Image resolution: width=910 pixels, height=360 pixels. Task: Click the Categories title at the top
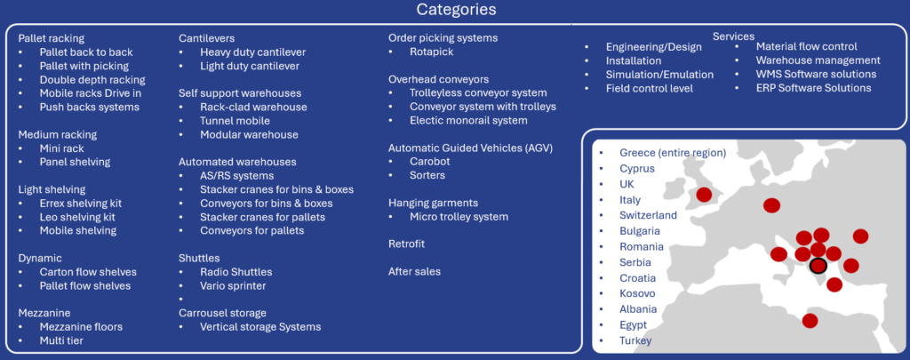tap(456, 10)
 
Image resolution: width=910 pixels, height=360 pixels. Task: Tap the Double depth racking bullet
tap(92, 79)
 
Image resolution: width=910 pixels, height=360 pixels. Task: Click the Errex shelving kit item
tap(81, 204)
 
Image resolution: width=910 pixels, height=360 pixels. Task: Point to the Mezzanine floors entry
tap(81, 326)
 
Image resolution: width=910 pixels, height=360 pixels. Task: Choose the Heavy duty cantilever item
tap(253, 52)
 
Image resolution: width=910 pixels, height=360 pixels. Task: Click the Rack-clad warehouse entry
tap(253, 107)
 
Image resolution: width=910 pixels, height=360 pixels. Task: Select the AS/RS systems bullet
tap(236, 175)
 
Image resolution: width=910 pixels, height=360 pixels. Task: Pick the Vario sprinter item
tap(234, 285)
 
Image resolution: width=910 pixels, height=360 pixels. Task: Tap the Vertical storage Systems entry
tap(260, 327)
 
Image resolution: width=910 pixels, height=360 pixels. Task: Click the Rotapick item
tap(432, 52)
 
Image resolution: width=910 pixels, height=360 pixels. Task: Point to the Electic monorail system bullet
tap(468, 121)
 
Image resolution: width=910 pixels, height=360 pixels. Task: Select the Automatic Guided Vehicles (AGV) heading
tap(471, 148)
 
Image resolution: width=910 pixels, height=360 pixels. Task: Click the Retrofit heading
tap(406, 244)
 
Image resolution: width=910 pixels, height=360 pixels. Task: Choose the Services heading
tap(733, 36)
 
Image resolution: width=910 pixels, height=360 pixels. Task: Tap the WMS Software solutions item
tap(816, 75)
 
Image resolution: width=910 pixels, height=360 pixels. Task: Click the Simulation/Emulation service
tap(660, 75)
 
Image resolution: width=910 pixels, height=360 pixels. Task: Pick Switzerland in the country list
tap(648, 215)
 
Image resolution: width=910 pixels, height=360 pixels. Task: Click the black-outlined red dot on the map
tap(818, 266)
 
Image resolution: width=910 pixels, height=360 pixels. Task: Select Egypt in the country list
tap(633, 325)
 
